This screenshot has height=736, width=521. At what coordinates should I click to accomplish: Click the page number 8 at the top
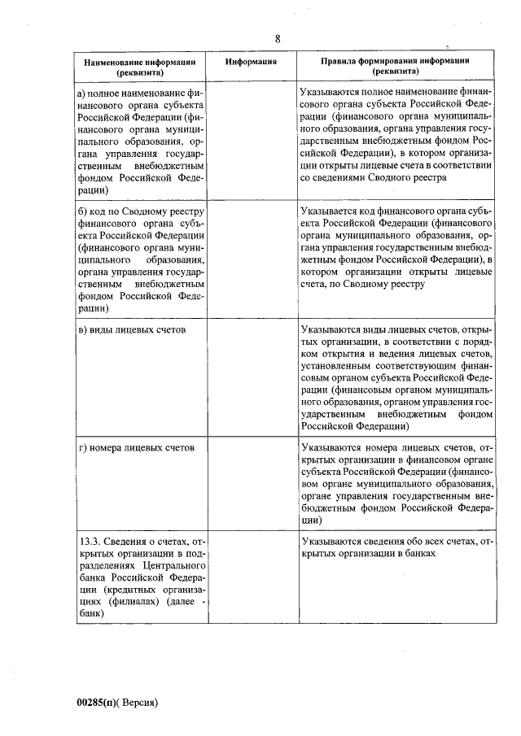click(x=277, y=39)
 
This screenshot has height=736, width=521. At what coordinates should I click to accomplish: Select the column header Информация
click(x=252, y=61)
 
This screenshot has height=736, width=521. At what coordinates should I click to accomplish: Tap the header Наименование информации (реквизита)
click(x=139, y=67)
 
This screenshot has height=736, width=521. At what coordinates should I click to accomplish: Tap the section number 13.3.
click(x=92, y=541)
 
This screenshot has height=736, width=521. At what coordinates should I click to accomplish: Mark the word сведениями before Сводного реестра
click(x=339, y=176)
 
